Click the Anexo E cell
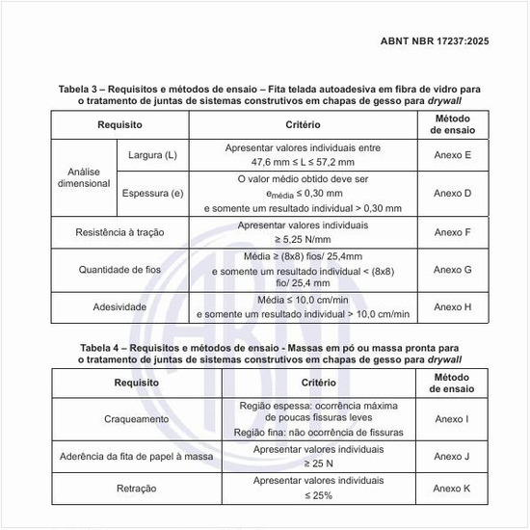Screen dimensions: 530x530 (x=452, y=155)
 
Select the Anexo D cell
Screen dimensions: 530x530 (x=452, y=193)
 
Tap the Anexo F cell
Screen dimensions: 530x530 (x=452, y=232)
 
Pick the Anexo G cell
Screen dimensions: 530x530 (x=452, y=270)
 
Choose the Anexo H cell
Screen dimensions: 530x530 (x=452, y=307)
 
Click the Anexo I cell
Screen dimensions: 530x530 (x=452, y=419)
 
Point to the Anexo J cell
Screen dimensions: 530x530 (x=452, y=457)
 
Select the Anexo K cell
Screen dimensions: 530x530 (x=452, y=489)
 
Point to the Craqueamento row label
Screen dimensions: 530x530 (x=136, y=419)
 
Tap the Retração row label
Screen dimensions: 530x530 (x=136, y=489)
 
